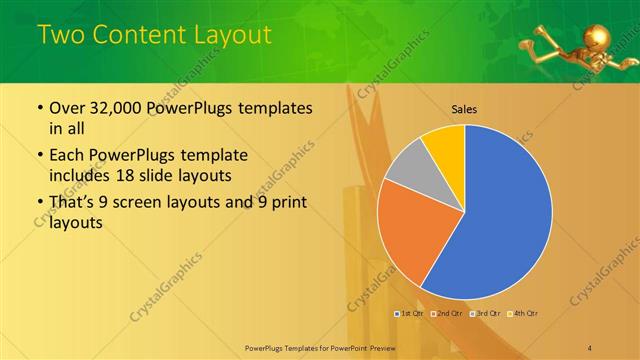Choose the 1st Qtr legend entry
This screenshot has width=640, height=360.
point(410,314)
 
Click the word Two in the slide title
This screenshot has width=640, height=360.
point(59,36)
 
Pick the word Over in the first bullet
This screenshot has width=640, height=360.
point(68,108)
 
